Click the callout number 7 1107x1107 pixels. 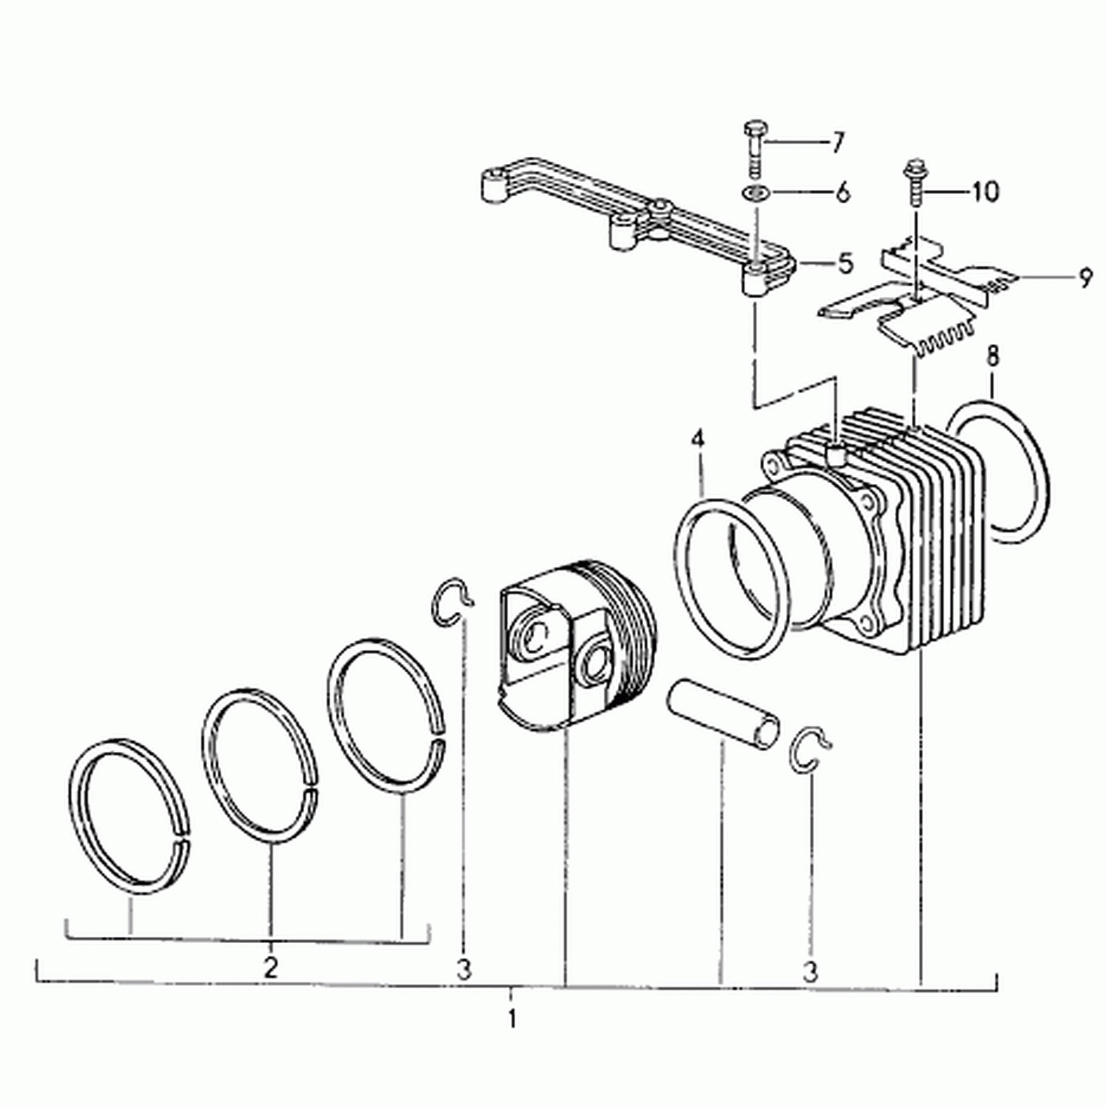click(838, 142)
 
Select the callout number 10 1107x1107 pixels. click(984, 191)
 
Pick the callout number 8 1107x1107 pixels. click(992, 356)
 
